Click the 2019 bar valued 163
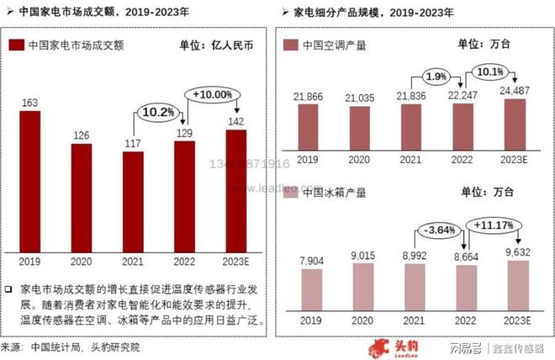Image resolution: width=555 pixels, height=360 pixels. tap(29, 180)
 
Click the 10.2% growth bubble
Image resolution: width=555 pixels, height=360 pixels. tap(157, 110)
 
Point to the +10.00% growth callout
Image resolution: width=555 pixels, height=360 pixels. tap(212, 93)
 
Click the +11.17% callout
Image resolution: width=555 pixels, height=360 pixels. tap(492, 225)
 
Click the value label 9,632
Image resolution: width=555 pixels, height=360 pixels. tap(515, 251)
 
